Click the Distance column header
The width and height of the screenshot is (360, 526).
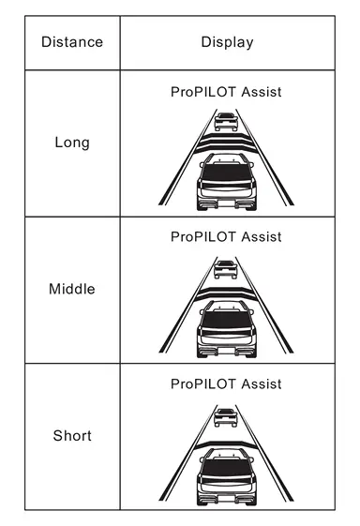(72, 42)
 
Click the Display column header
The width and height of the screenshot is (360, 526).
(227, 42)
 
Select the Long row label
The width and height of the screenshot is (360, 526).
(72, 143)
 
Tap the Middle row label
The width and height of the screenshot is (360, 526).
(72, 289)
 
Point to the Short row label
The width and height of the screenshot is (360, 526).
(72, 435)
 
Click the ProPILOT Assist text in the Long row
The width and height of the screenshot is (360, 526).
(226, 92)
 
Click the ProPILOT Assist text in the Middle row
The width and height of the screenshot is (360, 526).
(226, 237)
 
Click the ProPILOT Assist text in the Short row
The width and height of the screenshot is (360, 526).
(226, 384)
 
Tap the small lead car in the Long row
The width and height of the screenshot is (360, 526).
(226, 122)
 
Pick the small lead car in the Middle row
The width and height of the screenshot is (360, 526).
(226, 269)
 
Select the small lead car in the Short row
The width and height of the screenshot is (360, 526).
(226, 417)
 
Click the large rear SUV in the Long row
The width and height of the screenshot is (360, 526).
(227, 182)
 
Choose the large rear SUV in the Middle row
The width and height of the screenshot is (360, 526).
(227, 329)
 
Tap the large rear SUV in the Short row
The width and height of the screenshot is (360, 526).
(227, 476)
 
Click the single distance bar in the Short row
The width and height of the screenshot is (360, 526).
(226, 444)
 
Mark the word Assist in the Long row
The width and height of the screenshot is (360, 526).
(262, 92)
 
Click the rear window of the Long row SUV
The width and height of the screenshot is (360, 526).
(227, 173)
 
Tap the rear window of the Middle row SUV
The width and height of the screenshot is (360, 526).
(227, 320)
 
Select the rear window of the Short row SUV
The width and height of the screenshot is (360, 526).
(227, 467)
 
